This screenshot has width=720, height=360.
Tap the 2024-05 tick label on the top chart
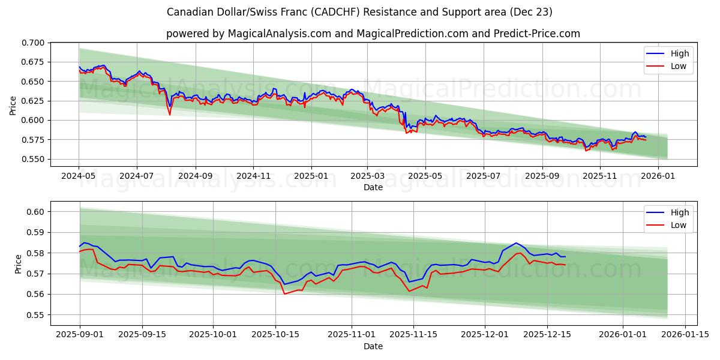tap(79, 176)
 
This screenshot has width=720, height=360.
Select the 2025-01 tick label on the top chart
tap(311, 176)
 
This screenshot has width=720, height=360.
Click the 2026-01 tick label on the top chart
tap(658, 176)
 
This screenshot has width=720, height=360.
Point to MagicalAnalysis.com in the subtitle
tap(280, 34)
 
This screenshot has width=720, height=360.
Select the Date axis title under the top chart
tap(373, 187)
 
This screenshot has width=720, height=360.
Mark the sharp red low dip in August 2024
tap(170, 115)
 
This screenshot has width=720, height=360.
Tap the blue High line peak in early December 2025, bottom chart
tap(516, 243)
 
